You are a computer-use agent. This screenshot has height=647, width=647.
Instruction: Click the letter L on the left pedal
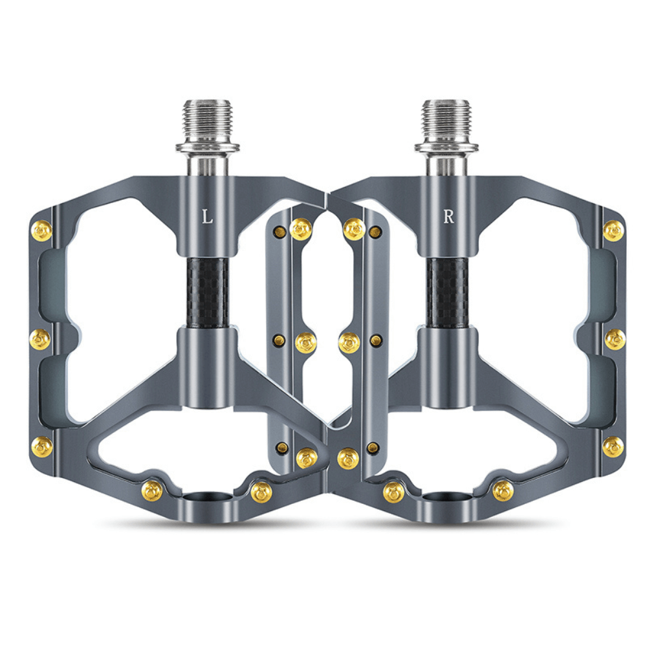click(207, 216)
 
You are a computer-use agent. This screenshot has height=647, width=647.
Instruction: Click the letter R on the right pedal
click(448, 216)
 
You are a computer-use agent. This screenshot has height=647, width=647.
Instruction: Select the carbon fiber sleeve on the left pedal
click(208, 293)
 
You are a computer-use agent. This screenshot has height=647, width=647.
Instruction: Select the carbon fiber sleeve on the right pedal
click(448, 293)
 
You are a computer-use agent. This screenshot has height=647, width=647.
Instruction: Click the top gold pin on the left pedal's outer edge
click(41, 231)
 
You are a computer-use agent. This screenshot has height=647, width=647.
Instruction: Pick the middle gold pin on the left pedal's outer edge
click(40, 340)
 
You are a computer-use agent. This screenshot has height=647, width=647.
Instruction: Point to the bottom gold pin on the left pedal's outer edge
click(41, 447)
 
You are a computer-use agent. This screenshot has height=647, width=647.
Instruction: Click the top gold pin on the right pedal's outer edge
click(613, 231)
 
